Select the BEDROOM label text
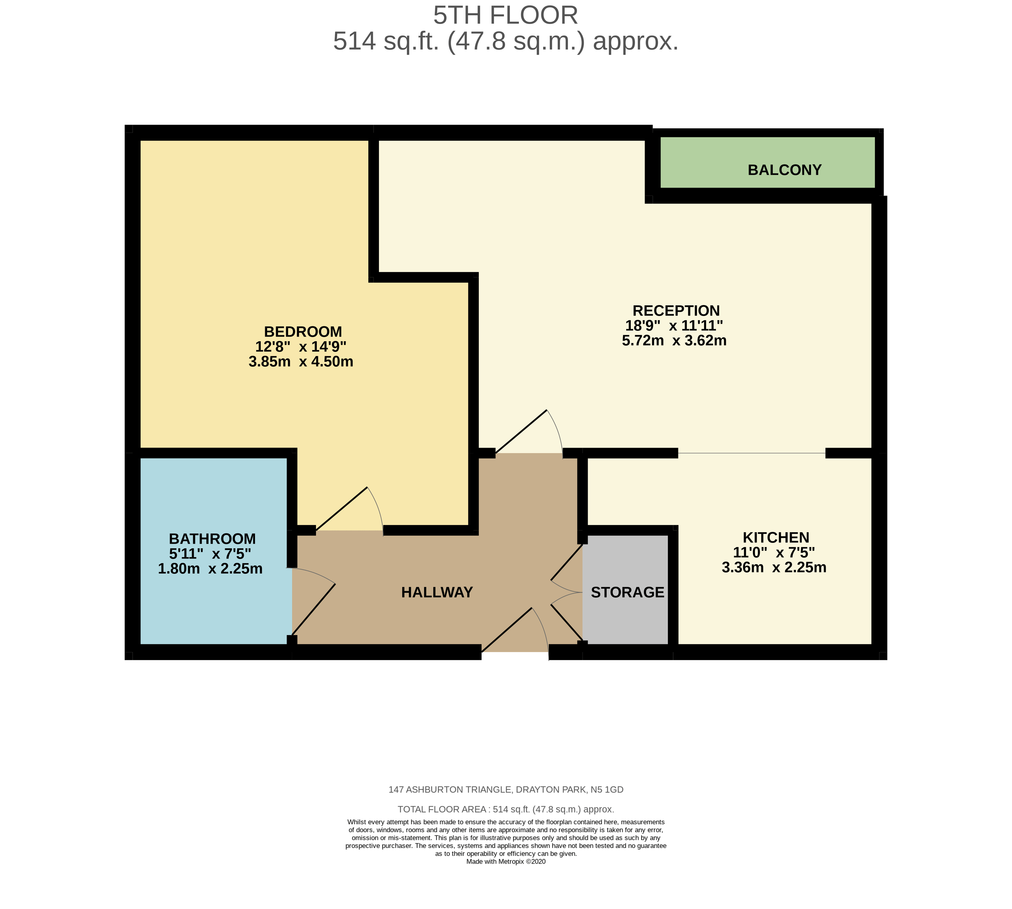302,332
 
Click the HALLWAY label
437,592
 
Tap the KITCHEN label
775,537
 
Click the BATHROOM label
212,539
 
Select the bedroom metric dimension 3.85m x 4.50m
301,362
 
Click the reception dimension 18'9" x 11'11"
674,326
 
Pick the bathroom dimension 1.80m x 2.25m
210,569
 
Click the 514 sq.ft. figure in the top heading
386,42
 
